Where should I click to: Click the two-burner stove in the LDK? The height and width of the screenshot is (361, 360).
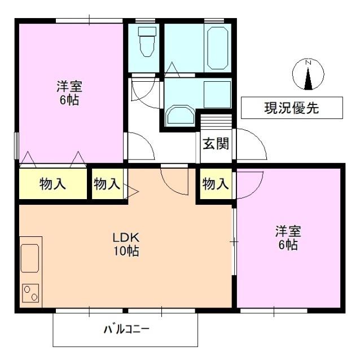[x=30, y=294]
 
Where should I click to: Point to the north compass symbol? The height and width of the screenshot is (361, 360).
[x=308, y=76]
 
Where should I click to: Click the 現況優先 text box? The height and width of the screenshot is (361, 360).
[x=291, y=108]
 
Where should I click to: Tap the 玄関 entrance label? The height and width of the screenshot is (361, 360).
[x=216, y=144]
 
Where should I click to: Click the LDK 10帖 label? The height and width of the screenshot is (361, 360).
[x=125, y=244]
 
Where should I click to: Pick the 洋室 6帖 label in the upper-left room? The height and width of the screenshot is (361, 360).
[x=69, y=94]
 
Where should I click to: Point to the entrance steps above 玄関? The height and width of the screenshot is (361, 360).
[x=216, y=122]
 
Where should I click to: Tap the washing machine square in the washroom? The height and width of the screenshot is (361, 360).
[x=217, y=94]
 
